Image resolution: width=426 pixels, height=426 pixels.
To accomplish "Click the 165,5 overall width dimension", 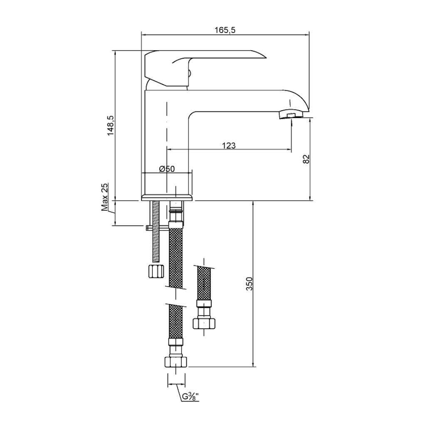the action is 225,30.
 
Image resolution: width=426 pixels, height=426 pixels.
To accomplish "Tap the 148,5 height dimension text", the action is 111,126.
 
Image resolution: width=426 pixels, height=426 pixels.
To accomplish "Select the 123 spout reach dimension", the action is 229,146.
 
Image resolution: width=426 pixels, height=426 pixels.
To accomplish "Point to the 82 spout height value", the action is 306,159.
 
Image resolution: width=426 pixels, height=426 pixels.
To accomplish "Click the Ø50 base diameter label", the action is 167,169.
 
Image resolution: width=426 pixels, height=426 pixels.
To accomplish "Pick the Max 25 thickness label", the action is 104,197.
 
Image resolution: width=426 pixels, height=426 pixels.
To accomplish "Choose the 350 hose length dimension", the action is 249,284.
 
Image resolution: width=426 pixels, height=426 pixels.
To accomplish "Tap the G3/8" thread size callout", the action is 191,397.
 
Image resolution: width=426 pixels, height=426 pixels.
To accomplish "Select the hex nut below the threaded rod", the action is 156,270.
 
